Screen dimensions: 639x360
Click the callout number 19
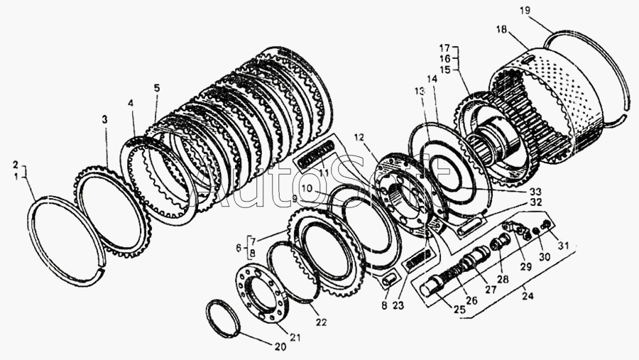(525, 11)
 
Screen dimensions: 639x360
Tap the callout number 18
(502, 30)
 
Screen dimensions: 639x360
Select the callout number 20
(280, 347)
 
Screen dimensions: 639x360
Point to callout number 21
(295, 337)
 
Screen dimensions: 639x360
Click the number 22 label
(321, 322)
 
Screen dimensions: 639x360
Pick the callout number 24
(528, 295)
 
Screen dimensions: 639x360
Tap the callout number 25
(459, 310)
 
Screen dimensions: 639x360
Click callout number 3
(105, 119)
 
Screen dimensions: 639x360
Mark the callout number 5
(157, 88)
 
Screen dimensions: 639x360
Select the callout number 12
(359, 137)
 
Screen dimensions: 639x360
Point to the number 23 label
(398, 305)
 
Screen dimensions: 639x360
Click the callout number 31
(563, 246)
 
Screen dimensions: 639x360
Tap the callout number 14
(432, 80)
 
